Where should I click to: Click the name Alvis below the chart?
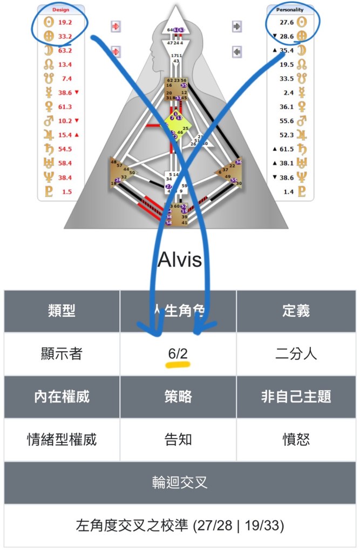(180, 260)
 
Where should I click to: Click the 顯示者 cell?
(62, 354)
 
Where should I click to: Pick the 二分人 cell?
(296, 354)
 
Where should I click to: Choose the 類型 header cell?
(62, 311)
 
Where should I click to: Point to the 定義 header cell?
(296, 311)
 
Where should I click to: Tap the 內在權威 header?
(62, 397)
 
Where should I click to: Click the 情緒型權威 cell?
(62, 439)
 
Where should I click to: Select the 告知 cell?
(178, 439)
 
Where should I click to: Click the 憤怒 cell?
(296, 439)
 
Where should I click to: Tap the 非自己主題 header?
(296, 397)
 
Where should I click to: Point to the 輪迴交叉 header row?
(180, 482)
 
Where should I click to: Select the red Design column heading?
(60, 10)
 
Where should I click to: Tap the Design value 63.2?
(65, 51)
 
